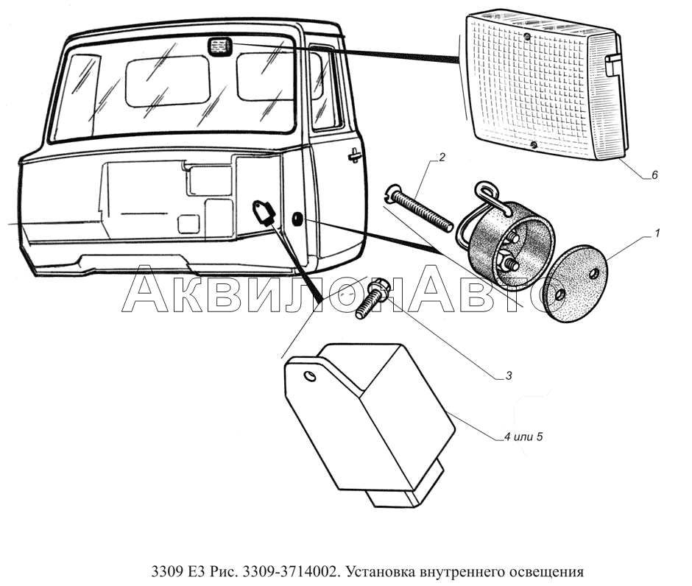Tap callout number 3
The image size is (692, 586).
(508, 376)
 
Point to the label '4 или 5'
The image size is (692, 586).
(523, 437)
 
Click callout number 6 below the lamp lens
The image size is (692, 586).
(654, 175)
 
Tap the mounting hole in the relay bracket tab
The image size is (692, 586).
(309, 377)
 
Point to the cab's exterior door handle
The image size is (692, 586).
(355, 155)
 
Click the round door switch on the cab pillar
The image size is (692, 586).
(296, 219)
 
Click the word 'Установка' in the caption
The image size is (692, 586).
(383, 571)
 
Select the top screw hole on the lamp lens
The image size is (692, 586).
(528, 35)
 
